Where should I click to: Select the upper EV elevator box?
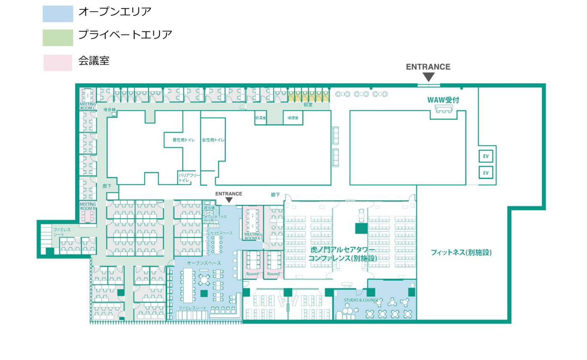[x=486, y=157]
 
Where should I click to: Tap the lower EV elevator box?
[x=486, y=172]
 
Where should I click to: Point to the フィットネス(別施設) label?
[x=461, y=253]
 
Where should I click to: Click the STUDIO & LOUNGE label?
[x=361, y=300]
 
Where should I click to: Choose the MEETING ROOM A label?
[x=252, y=236]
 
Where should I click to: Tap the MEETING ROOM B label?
[x=88, y=206]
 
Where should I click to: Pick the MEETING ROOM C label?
[x=88, y=106]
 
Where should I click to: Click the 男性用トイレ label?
[x=184, y=140]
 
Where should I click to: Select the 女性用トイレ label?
[x=213, y=140]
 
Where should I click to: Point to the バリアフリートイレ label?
[x=189, y=177]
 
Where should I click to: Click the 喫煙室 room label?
[x=293, y=118]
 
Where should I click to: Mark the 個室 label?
[x=308, y=104]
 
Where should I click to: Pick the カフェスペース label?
[x=221, y=233]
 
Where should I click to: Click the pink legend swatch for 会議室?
[x=57, y=63]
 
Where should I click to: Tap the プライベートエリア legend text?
[x=125, y=35]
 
